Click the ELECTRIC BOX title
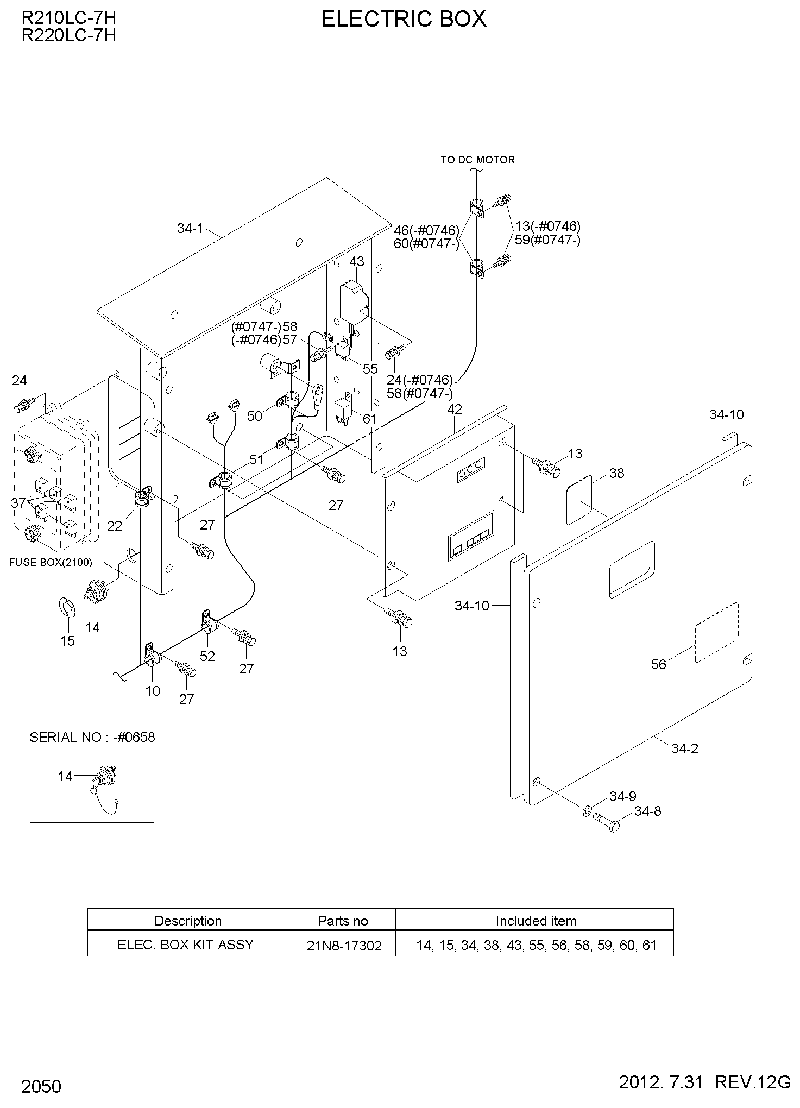(x=404, y=20)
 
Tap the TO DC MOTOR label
(x=477, y=160)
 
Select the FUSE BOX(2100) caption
(x=51, y=562)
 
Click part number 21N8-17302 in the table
(x=344, y=946)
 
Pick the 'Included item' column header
(x=536, y=921)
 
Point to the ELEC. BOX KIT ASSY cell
(x=186, y=945)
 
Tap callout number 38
(x=616, y=473)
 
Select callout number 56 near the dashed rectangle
(x=658, y=664)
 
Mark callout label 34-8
(x=647, y=811)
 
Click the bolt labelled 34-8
(x=606, y=821)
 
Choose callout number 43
(x=356, y=262)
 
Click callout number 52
(x=207, y=656)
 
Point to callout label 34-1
(x=190, y=229)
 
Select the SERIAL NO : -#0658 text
(x=92, y=737)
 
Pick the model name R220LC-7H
(x=68, y=35)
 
